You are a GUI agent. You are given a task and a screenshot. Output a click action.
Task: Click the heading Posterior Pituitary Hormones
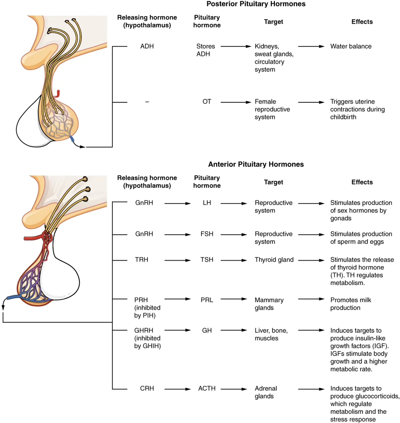point(256,4)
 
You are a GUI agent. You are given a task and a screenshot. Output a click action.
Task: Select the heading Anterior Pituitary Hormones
point(256,164)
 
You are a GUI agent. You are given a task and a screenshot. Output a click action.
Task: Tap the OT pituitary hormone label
point(207,102)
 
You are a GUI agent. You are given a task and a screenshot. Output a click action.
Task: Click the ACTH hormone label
point(207,388)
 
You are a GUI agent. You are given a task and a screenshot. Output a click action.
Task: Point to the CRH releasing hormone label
point(147,388)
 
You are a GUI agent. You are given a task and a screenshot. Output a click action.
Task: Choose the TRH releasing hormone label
point(141,260)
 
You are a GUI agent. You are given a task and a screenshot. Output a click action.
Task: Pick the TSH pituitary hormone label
point(207,260)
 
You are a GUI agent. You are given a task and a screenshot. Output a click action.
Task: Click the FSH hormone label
point(207,234)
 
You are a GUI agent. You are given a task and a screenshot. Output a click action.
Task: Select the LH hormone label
point(207,203)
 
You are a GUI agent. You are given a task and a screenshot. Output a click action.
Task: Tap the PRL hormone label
point(207,300)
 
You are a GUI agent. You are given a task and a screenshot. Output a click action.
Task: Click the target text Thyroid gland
point(274,260)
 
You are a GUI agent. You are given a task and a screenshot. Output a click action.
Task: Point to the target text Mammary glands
point(269,304)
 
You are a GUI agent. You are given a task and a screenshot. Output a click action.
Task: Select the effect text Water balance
point(351,46)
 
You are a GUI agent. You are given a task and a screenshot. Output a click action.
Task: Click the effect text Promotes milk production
point(350,304)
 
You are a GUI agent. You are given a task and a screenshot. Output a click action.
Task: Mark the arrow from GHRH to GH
point(177,330)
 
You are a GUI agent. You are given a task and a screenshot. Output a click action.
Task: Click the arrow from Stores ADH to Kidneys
point(236,46)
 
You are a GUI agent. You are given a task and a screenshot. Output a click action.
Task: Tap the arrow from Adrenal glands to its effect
point(311,389)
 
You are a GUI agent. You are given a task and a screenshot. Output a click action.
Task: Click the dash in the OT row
point(147,102)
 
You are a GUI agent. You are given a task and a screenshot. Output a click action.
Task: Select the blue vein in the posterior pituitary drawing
point(72,139)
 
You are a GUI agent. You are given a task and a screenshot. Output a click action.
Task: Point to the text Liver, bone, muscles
point(271,334)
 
